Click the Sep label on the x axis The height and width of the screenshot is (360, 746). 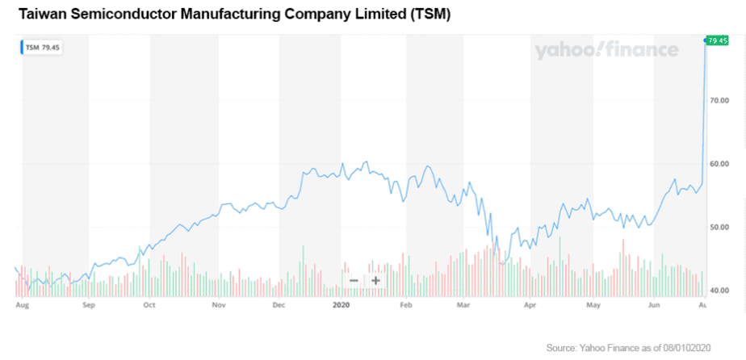(x=89, y=307)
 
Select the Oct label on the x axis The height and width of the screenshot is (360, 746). (x=149, y=307)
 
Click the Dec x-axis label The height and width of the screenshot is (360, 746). (x=279, y=307)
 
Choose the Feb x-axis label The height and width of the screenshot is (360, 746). (x=406, y=307)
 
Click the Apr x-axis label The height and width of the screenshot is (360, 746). (x=530, y=307)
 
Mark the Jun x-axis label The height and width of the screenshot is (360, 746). (x=655, y=307)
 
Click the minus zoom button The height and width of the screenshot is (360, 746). (x=354, y=281)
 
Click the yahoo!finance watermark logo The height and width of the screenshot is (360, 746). (x=606, y=50)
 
